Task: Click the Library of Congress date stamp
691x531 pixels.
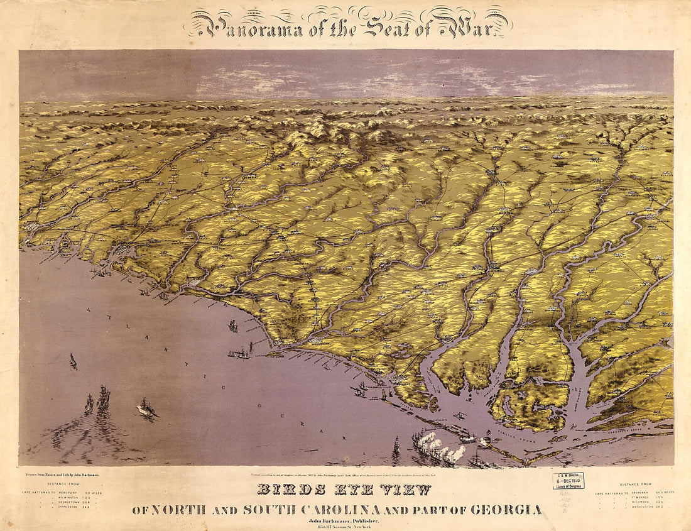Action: (568, 481)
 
